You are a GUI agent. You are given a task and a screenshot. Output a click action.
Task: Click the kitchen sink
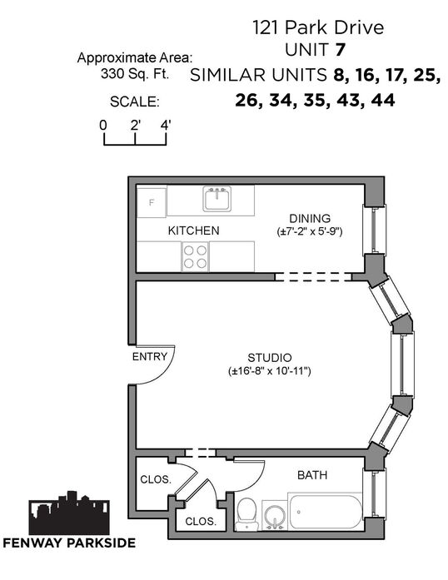[x=217, y=198]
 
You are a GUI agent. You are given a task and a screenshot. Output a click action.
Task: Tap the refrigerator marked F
[x=152, y=203]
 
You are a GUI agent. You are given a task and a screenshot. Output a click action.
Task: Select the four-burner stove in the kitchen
[x=195, y=256]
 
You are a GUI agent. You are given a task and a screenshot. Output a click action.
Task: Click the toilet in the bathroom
[x=246, y=513]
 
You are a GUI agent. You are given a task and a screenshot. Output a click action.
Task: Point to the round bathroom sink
[x=274, y=515]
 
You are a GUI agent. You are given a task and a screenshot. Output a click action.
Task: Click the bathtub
[x=326, y=512]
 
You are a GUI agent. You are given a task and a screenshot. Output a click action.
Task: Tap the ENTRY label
[x=150, y=357]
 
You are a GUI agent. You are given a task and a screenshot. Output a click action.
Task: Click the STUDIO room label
[x=270, y=358]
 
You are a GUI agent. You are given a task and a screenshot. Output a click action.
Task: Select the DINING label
[x=310, y=218]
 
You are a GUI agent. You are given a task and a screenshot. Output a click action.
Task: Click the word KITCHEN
[x=194, y=231]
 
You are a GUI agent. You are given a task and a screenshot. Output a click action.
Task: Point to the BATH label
[x=312, y=475]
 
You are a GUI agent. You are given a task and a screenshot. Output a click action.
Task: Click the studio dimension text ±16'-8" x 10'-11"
[x=270, y=370]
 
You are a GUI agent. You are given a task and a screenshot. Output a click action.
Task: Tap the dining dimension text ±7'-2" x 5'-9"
[x=310, y=231]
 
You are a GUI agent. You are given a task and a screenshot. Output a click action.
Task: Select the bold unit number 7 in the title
[x=340, y=50]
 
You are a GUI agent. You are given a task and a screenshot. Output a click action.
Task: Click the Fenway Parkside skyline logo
[x=69, y=513]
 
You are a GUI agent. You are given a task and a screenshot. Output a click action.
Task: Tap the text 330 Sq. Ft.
[x=135, y=74]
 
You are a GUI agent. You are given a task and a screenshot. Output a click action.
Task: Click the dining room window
[x=375, y=230]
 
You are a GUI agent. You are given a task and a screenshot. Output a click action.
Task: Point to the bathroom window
[x=375, y=493]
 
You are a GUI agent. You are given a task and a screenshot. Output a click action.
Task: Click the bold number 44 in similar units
[x=383, y=100]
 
